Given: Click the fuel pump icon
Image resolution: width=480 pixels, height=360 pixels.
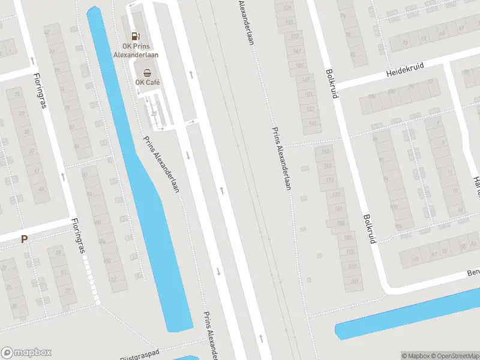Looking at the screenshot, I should point(136,36).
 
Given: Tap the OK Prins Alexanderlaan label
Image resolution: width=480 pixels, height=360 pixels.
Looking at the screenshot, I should point(136,50).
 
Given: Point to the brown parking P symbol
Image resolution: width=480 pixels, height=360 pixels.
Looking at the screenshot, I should point(25,239).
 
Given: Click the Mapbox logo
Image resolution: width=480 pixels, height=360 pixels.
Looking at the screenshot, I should point(26,353).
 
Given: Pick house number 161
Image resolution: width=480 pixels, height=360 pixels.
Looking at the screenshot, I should point(312,123).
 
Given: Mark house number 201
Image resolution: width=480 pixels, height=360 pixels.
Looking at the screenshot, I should point(354,281).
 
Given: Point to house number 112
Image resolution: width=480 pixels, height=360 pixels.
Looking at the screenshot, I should point(112,280).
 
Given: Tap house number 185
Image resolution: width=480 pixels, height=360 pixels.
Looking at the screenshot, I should point(340,223).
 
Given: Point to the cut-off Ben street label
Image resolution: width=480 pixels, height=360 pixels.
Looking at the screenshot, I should point(473,274).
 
